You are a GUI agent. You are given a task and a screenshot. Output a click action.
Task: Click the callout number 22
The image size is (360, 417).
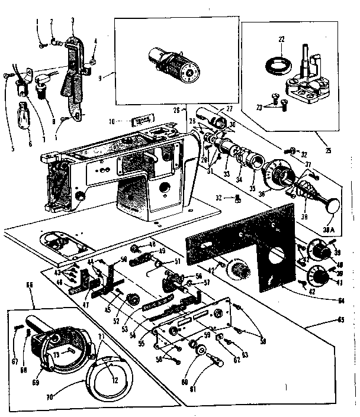click(x=282, y=39)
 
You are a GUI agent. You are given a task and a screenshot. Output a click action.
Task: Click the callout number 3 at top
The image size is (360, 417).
click(x=72, y=21)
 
